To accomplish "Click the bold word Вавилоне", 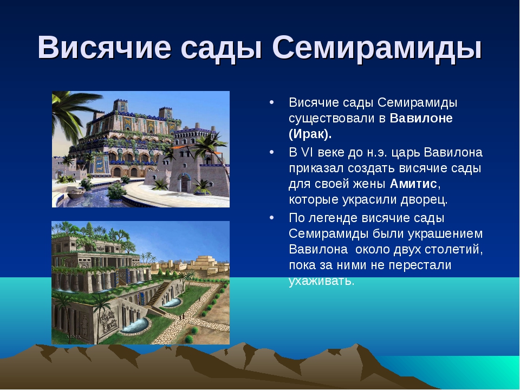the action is (x=421, y=118).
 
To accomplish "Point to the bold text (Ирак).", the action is (x=310, y=134).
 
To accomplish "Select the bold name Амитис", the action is (x=413, y=184).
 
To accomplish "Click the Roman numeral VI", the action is (x=307, y=152).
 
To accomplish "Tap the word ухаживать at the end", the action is (x=322, y=281).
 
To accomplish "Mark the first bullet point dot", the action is (x=272, y=102).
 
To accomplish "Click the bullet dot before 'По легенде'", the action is (x=272, y=218).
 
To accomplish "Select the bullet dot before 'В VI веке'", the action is (x=272, y=152).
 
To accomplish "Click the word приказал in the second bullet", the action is (x=316, y=168).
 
